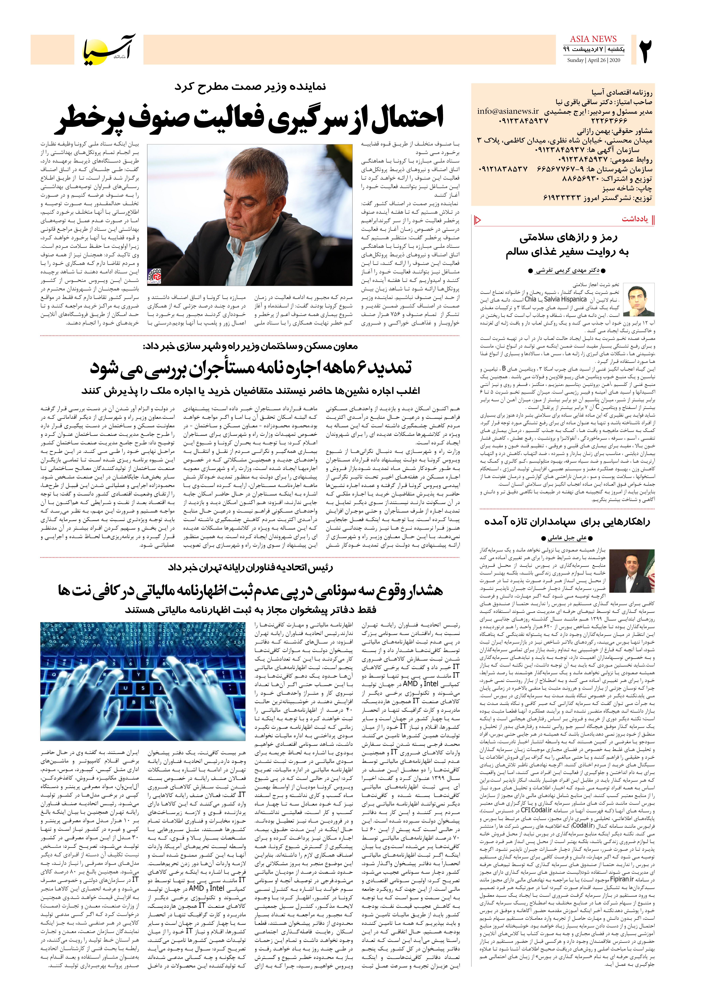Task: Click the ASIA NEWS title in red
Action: tap(593, 39)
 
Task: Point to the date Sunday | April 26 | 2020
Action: tap(593, 60)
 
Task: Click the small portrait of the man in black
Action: tap(638, 300)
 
